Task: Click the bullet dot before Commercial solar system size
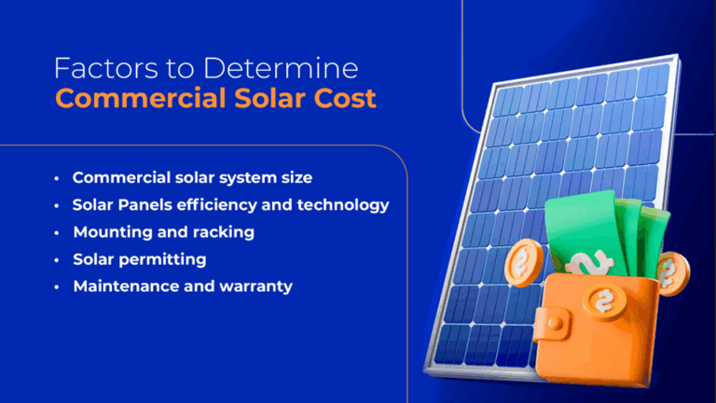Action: [57, 178]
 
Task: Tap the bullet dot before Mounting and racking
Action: [57, 232]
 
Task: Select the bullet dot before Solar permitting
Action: [57, 259]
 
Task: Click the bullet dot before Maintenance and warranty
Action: [57, 286]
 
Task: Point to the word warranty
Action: [255, 285]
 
